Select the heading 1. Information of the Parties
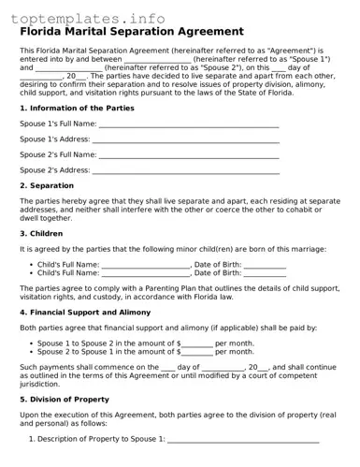(x=77, y=109)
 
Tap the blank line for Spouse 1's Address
(x=186, y=140)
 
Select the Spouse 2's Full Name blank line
(x=189, y=155)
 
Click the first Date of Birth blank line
(x=265, y=266)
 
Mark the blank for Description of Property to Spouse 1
(x=243, y=440)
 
